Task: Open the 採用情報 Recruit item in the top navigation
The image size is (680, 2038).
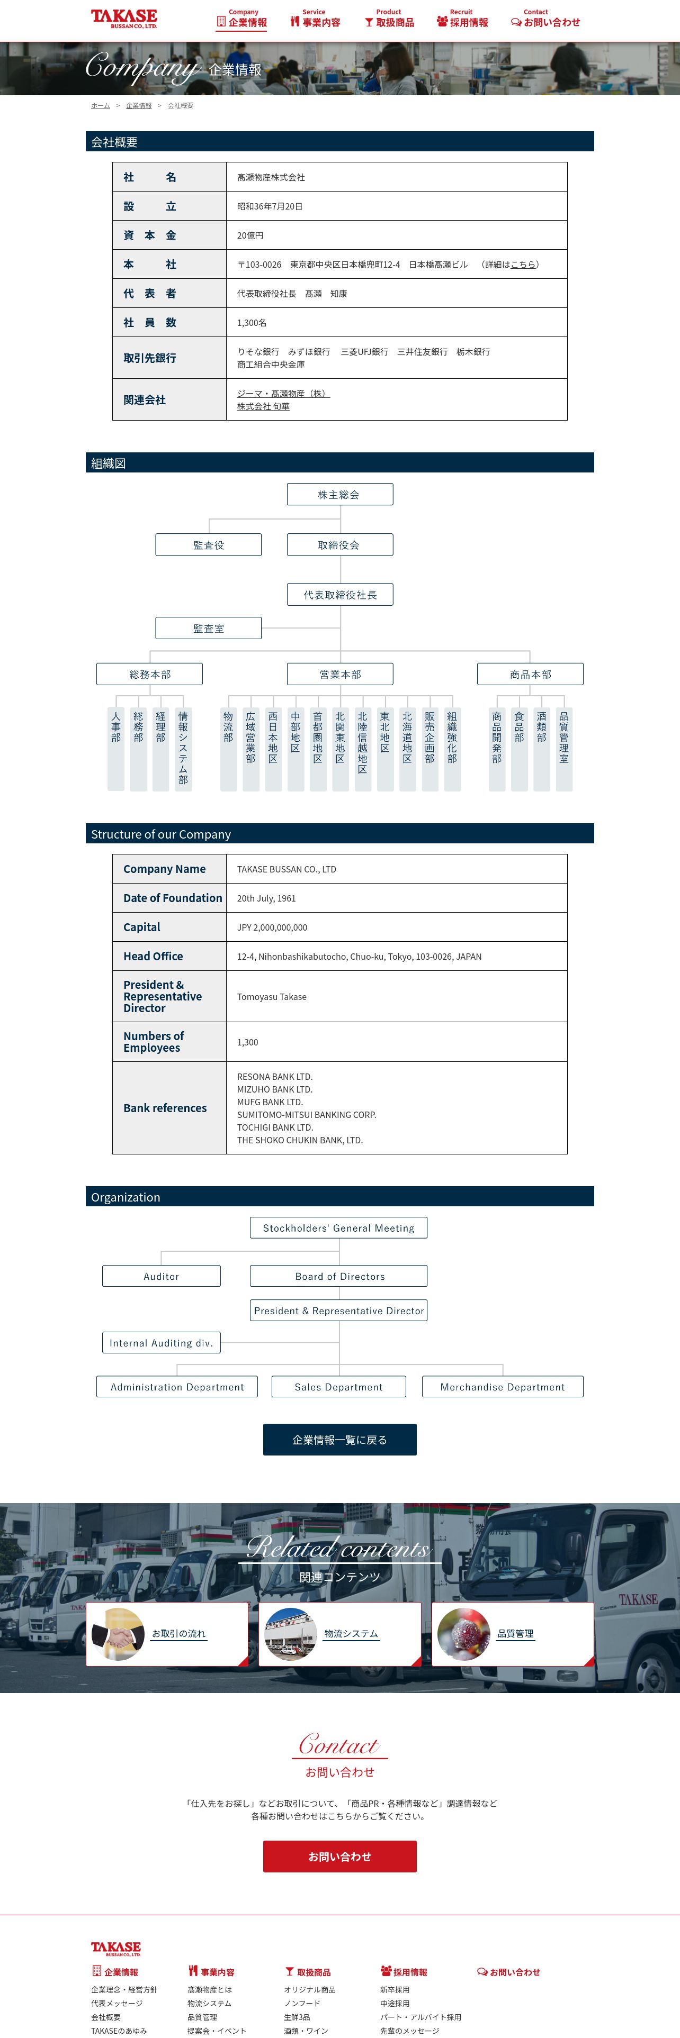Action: tap(462, 19)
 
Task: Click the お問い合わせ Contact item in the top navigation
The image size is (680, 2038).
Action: tap(545, 19)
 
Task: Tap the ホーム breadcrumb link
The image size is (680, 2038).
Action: tap(101, 105)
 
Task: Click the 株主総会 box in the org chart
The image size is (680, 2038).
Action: tap(339, 495)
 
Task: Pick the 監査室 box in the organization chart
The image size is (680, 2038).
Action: tap(208, 628)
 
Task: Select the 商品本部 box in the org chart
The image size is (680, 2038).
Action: tap(530, 674)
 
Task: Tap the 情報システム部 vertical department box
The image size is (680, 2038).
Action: tap(183, 748)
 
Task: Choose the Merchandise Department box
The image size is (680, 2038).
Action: tap(502, 1387)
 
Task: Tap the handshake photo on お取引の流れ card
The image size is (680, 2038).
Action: tap(119, 1634)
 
